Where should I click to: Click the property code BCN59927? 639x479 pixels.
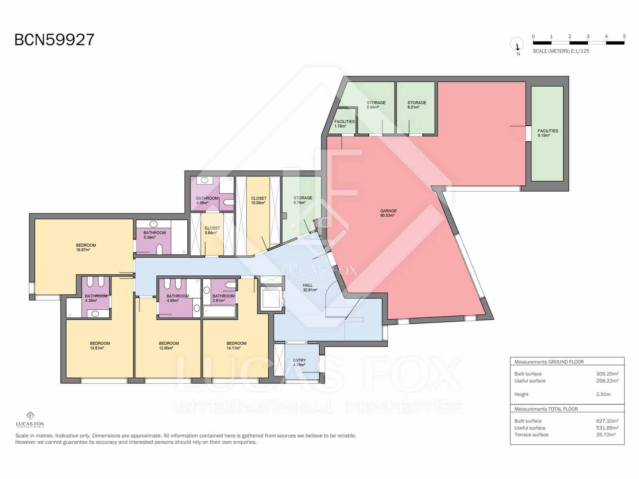54,40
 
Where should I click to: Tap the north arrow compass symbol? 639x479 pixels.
517,45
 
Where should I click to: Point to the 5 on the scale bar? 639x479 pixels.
624,36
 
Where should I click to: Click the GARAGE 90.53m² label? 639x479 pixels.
388,213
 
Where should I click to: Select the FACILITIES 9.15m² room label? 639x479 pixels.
548,133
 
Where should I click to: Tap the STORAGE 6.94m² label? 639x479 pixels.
376,105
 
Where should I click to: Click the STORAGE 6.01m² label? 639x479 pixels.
417,105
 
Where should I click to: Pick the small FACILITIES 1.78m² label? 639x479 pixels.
344,124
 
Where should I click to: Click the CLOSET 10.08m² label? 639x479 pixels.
258,200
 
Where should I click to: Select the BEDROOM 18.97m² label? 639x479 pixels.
85,247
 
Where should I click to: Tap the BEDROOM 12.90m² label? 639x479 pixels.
169,346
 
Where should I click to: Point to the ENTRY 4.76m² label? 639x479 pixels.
299,362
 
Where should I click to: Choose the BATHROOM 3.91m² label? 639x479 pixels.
223,298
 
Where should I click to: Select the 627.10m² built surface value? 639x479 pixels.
607,421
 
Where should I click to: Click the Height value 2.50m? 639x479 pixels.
603,394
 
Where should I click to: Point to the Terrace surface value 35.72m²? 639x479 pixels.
605,435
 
